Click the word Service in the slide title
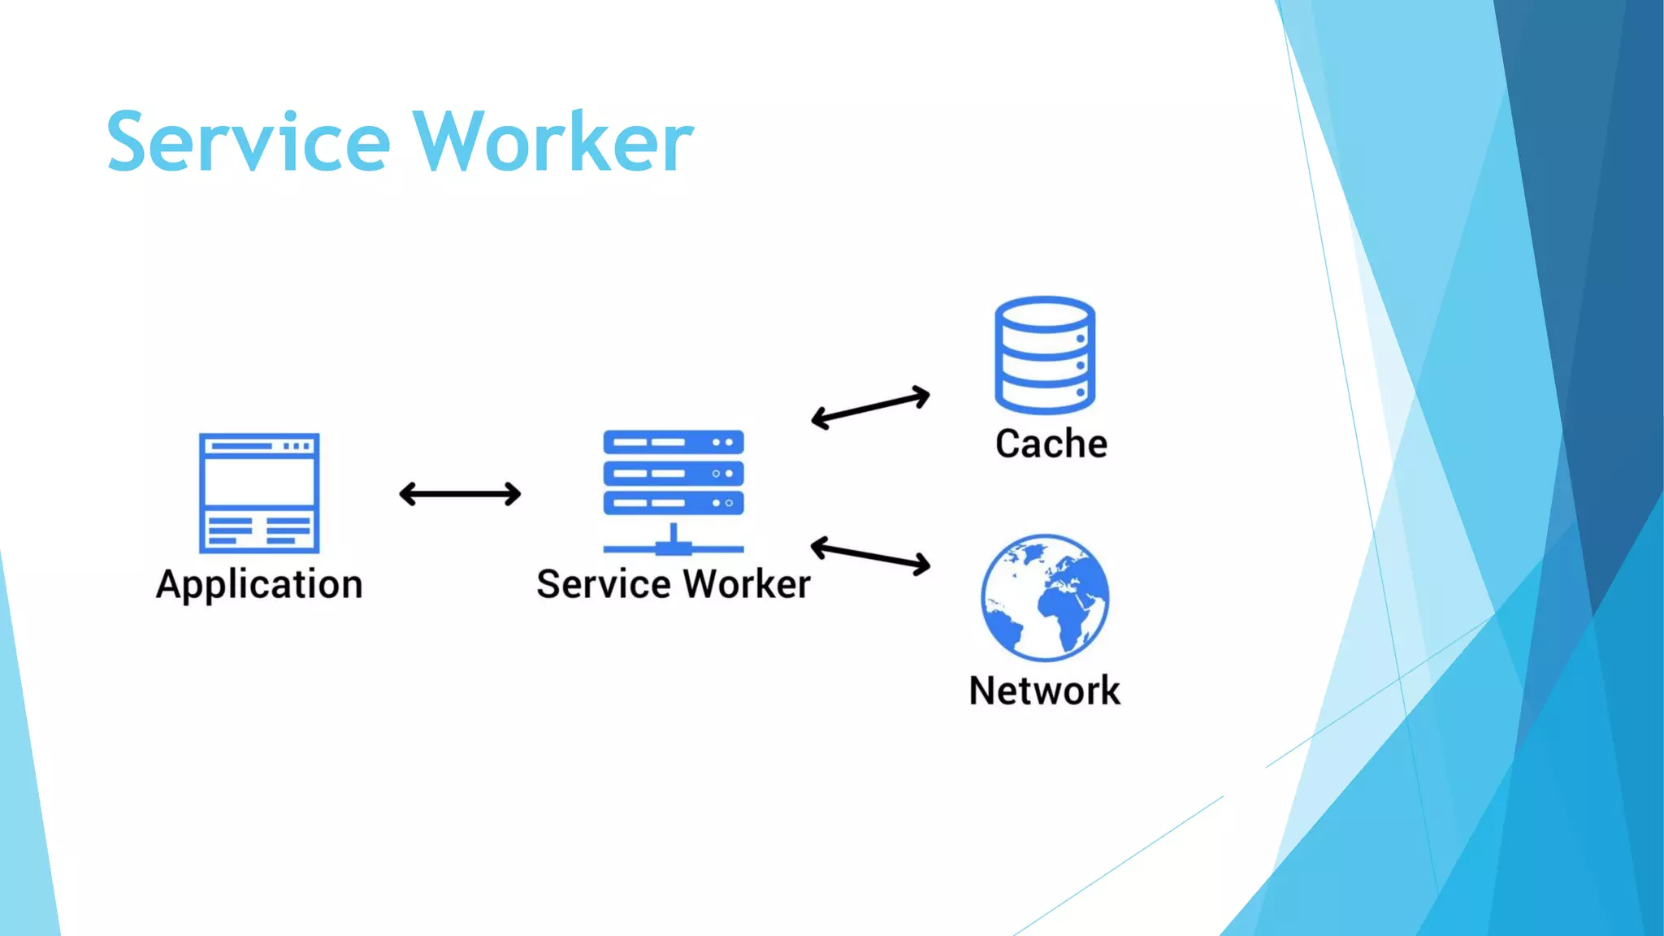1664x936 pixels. (x=249, y=143)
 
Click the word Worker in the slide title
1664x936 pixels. (x=552, y=143)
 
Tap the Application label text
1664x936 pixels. (x=259, y=585)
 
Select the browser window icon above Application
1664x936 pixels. (x=259, y=492)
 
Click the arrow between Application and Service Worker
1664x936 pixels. (x=460, y=494)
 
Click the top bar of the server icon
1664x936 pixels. (x=673, y=443)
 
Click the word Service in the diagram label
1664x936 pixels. (x=604, y=584)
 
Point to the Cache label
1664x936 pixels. (x=1051, y=444)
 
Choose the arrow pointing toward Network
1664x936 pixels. (x=870, y=557)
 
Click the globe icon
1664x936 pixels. (x=1044, y=597)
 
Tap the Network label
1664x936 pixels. (x=1044, y=691)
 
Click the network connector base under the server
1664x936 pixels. (x=673, y=547)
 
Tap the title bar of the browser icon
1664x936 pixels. (x=259, y=446)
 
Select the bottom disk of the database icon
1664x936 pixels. (x=1045, y=396)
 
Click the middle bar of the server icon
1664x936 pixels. (x=673, y=473)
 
